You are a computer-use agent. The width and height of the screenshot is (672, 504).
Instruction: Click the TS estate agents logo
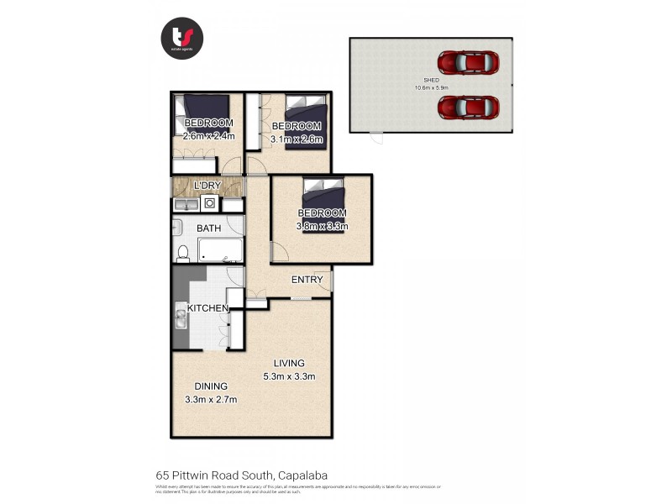coord(182,38)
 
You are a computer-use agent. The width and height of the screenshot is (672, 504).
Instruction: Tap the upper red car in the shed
coord(468,61)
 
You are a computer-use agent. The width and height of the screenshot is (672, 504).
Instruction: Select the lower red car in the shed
coord(468,107)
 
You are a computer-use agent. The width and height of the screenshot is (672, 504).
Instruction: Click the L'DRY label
coord(206,185)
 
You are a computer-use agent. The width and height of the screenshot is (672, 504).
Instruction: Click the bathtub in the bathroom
coord(221,250)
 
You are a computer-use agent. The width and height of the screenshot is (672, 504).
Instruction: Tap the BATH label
coord(209,228)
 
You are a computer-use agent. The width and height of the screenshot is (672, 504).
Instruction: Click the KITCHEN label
coord(207,308)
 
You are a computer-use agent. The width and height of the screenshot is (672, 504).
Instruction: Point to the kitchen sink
coord(181,320)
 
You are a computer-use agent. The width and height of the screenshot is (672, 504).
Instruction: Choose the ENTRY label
coord(307,280)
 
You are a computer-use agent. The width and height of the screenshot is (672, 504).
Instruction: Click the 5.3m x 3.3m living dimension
coord(288,375)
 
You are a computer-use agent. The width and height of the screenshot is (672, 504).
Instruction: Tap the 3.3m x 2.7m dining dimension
coord(211,399)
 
